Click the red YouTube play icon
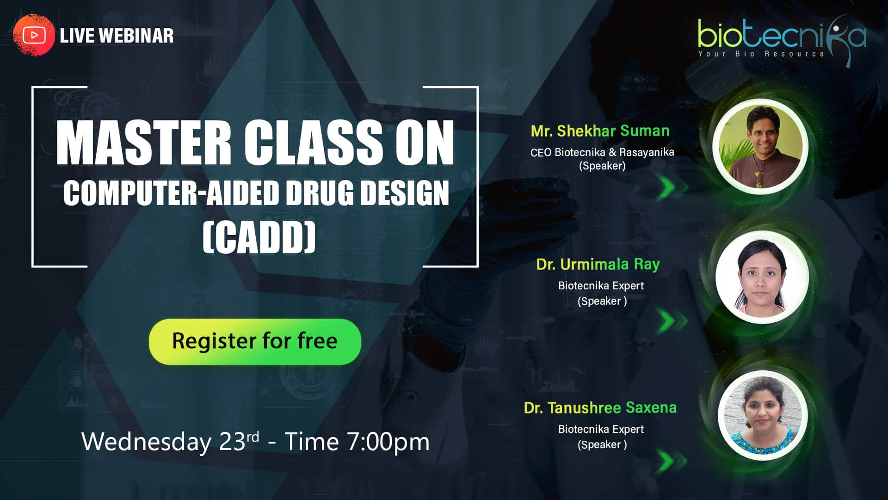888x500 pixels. [x=34, y=35]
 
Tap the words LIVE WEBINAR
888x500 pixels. [x=117, y=36]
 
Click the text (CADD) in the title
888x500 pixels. [x=259, y=237]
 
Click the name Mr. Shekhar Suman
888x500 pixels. [x=600, y=131]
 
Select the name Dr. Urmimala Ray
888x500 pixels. [x=598, y=264]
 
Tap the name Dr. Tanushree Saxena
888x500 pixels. [x=600, y=408]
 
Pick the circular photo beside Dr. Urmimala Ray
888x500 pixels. [x=762, y=277]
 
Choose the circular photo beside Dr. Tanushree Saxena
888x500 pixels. [x=763, y=416]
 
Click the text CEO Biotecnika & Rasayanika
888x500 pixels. [x=602, y=152]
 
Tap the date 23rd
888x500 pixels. [x=239, y=441]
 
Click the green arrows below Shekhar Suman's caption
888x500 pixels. [x=673, y=187]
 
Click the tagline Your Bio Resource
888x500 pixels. [x=761, y=54]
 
